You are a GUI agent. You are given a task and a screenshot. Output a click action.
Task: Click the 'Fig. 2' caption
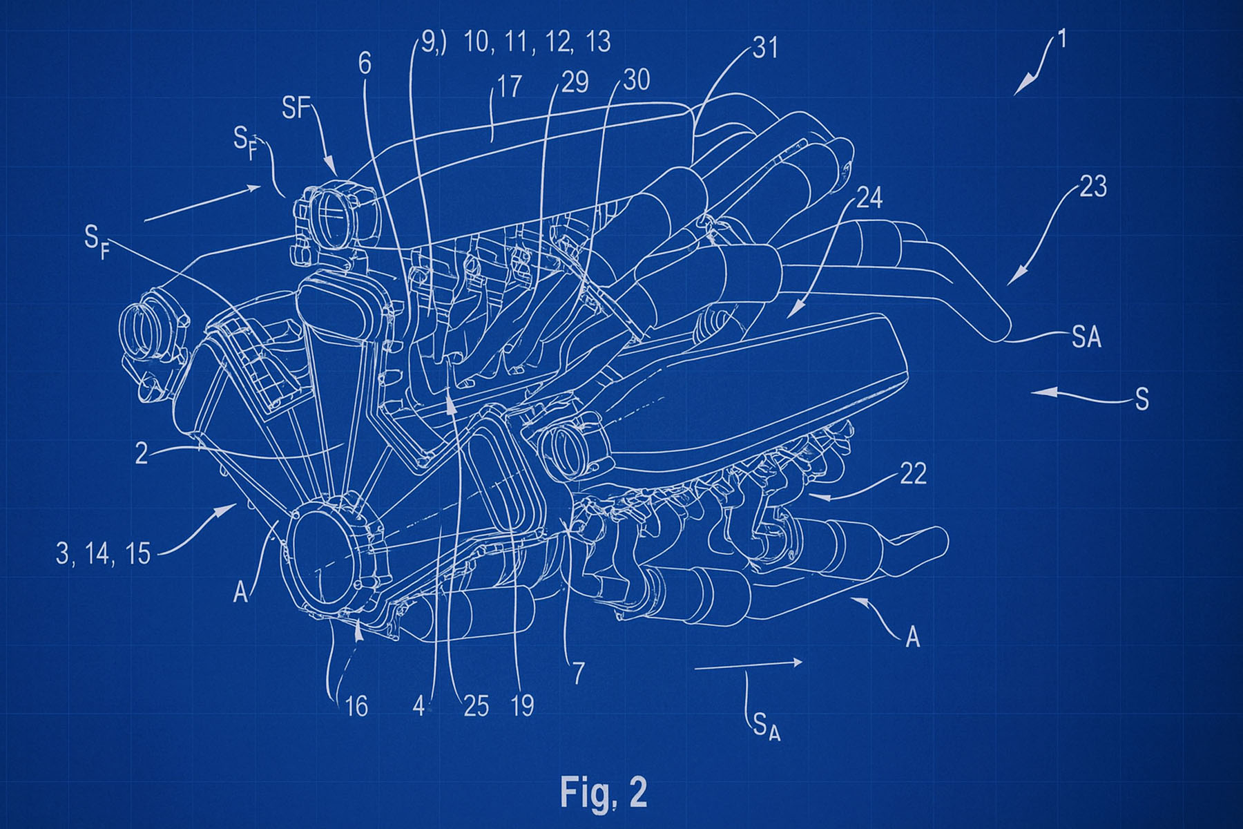pos(604,792)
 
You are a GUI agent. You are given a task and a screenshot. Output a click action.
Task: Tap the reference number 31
pos(765,48)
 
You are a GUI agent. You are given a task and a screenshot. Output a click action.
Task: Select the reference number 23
pos(1092,187)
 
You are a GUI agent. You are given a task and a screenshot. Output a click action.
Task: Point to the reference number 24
pos(869,198)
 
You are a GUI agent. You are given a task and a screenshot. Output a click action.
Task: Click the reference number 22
pos(913,474)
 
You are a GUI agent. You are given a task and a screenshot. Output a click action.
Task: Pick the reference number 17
pos(509,86)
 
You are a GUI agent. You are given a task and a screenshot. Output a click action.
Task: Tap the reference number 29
pos(575,82)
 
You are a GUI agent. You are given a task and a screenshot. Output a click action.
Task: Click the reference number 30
pos(636,80)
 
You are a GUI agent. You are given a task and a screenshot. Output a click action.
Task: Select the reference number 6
pos(365,64)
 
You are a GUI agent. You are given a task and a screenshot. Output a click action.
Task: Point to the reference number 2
pos(142,453)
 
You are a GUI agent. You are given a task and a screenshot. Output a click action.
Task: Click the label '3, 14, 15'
pos(103,553)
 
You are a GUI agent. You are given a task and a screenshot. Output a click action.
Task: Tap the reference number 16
pos(356,706)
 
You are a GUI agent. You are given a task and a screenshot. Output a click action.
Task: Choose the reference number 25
pos(476,706)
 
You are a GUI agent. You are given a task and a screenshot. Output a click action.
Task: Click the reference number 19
pos(522,705)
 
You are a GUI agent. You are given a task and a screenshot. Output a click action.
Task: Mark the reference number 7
pos(578,672)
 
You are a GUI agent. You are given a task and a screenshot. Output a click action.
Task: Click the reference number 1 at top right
pos(1062,39)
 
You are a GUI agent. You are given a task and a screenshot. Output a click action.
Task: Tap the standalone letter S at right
pos(1142,399)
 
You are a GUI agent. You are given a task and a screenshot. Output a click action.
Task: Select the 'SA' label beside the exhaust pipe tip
pos(1086,337)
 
